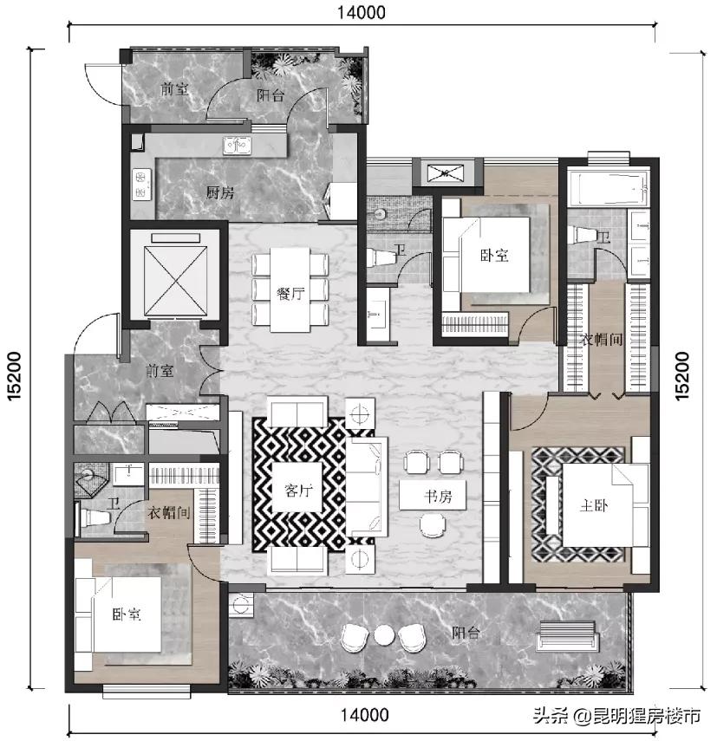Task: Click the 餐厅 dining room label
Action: (x=290, y=294)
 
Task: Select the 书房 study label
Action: (x=438, y=497)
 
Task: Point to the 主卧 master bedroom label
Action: (x=594, y=505)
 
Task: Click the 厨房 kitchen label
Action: (x=219, y=192)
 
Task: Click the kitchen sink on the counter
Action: (x=238, y=145)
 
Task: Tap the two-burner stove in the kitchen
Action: (x=141, y=185)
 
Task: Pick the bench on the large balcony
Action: (x=567, y=634)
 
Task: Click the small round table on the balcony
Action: (x=384, y=634)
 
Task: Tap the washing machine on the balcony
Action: (x=241, y=604)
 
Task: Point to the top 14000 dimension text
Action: (x=361, y=12)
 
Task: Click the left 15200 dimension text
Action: (x=14, y=375)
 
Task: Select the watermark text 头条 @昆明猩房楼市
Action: (x=616, y=715)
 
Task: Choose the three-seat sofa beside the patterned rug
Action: (x=366, y=486)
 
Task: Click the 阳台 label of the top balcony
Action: (x=271, y=95)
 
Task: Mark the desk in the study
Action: (x=433, y=495)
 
